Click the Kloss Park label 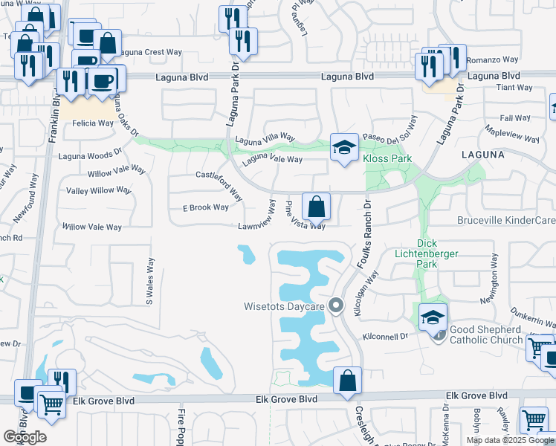coord(387,158)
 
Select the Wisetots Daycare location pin coord(337,305)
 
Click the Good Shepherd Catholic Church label coord(485,334)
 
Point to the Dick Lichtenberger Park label coord(437,253)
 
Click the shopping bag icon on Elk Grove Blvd coord(347,381)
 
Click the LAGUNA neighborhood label coord(482,155)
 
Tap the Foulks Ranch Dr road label coord(366,233)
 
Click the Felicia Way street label coord(93,123)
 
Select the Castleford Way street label coord(220,185)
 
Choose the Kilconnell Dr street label coord(385,337)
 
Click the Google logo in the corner coord(25,437)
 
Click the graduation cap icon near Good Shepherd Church coord(433,317)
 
